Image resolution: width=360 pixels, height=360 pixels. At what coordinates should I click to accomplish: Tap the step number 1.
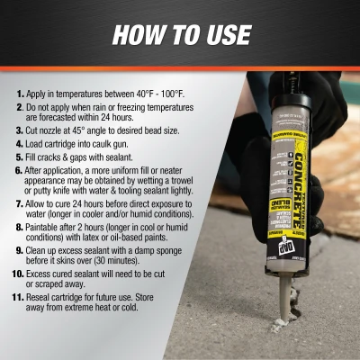tap(19, 94)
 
